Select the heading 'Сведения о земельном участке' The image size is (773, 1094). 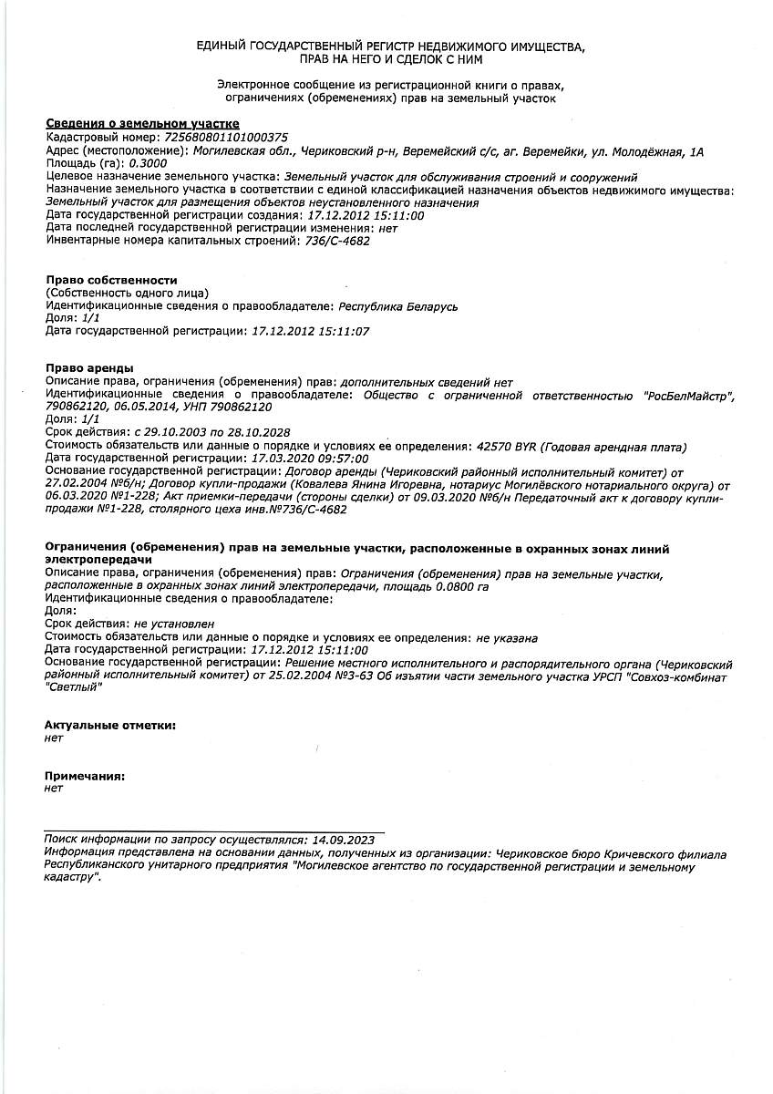coord(142,123)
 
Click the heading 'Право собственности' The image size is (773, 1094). coord(111,280)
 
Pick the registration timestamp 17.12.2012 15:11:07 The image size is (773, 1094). coord(310,332)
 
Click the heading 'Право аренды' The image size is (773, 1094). coord(89,367)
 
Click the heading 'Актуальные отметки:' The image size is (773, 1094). coord(110,725)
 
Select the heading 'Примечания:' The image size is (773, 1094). coord(85,776)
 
